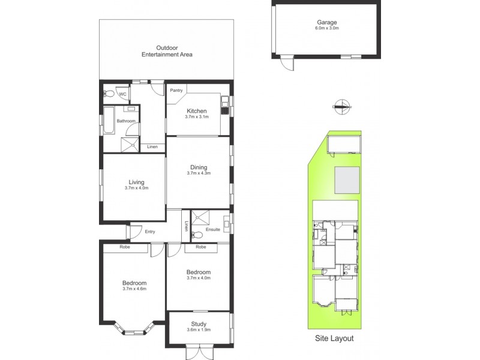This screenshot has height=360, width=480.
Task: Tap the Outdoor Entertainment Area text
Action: [x=167, y=51]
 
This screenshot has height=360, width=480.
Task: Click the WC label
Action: [x=122, y=94]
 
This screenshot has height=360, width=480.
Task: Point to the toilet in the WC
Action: [x=109, y=94]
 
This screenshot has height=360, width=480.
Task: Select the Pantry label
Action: [x=176, y=91]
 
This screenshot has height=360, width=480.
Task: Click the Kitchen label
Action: [x=196, y=111]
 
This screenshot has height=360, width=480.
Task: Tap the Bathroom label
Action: [x=126, y=121]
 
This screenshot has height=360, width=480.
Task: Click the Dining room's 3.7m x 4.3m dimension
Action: [x=199, y=173]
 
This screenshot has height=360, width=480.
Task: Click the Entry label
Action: [x=150, y=232]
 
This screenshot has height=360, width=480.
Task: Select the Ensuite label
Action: [x=213, y=230]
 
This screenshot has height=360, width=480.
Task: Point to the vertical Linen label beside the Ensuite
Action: [x=187, y=227]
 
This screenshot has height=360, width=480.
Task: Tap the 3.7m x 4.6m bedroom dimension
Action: [x=134, y=289]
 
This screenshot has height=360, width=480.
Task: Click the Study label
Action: [x=199, y=323]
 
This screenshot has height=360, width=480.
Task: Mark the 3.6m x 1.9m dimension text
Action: [x=199, y=331]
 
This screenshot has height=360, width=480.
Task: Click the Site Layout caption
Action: [x=334, y=338]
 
